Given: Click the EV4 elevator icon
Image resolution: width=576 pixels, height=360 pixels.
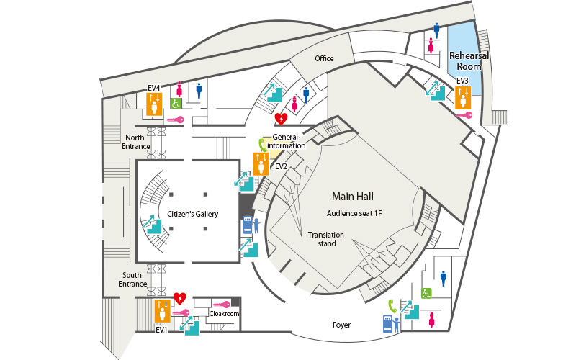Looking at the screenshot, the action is point(154,104).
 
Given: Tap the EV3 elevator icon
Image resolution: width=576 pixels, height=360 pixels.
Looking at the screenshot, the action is point(463,98).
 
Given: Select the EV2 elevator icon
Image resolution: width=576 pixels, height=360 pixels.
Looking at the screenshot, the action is point(261,164).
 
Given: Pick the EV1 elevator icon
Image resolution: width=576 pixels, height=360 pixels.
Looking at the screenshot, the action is point(163,311).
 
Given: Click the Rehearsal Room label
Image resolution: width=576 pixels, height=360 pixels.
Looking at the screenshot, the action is point(469,61).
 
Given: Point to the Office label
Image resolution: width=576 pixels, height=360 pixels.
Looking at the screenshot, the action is point(324,58).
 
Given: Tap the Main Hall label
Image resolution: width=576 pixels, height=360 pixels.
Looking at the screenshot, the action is point(353,197).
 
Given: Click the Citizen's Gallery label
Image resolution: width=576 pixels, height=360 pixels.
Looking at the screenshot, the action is point(192,214).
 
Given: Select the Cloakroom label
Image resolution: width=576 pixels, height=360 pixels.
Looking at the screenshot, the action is point(224,314).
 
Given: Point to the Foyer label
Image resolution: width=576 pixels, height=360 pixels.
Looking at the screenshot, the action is point(341,325).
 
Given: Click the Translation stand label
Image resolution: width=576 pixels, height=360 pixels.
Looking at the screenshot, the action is point(326,239).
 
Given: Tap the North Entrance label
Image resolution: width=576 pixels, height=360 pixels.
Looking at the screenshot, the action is point(135,142).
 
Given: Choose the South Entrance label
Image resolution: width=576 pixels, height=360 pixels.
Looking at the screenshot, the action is point(132,279).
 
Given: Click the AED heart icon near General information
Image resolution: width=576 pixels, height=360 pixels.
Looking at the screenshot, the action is point(281,119).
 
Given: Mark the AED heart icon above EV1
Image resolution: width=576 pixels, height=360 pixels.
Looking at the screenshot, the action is point(179,298).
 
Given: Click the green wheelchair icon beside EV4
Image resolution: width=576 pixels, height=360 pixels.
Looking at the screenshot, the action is point(176,104).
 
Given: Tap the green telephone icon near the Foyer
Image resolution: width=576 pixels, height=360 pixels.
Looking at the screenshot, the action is point(392,306).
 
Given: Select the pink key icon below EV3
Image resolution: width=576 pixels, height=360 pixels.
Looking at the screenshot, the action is point(464,115).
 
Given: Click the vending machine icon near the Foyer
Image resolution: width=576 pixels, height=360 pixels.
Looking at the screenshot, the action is point(391,323).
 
